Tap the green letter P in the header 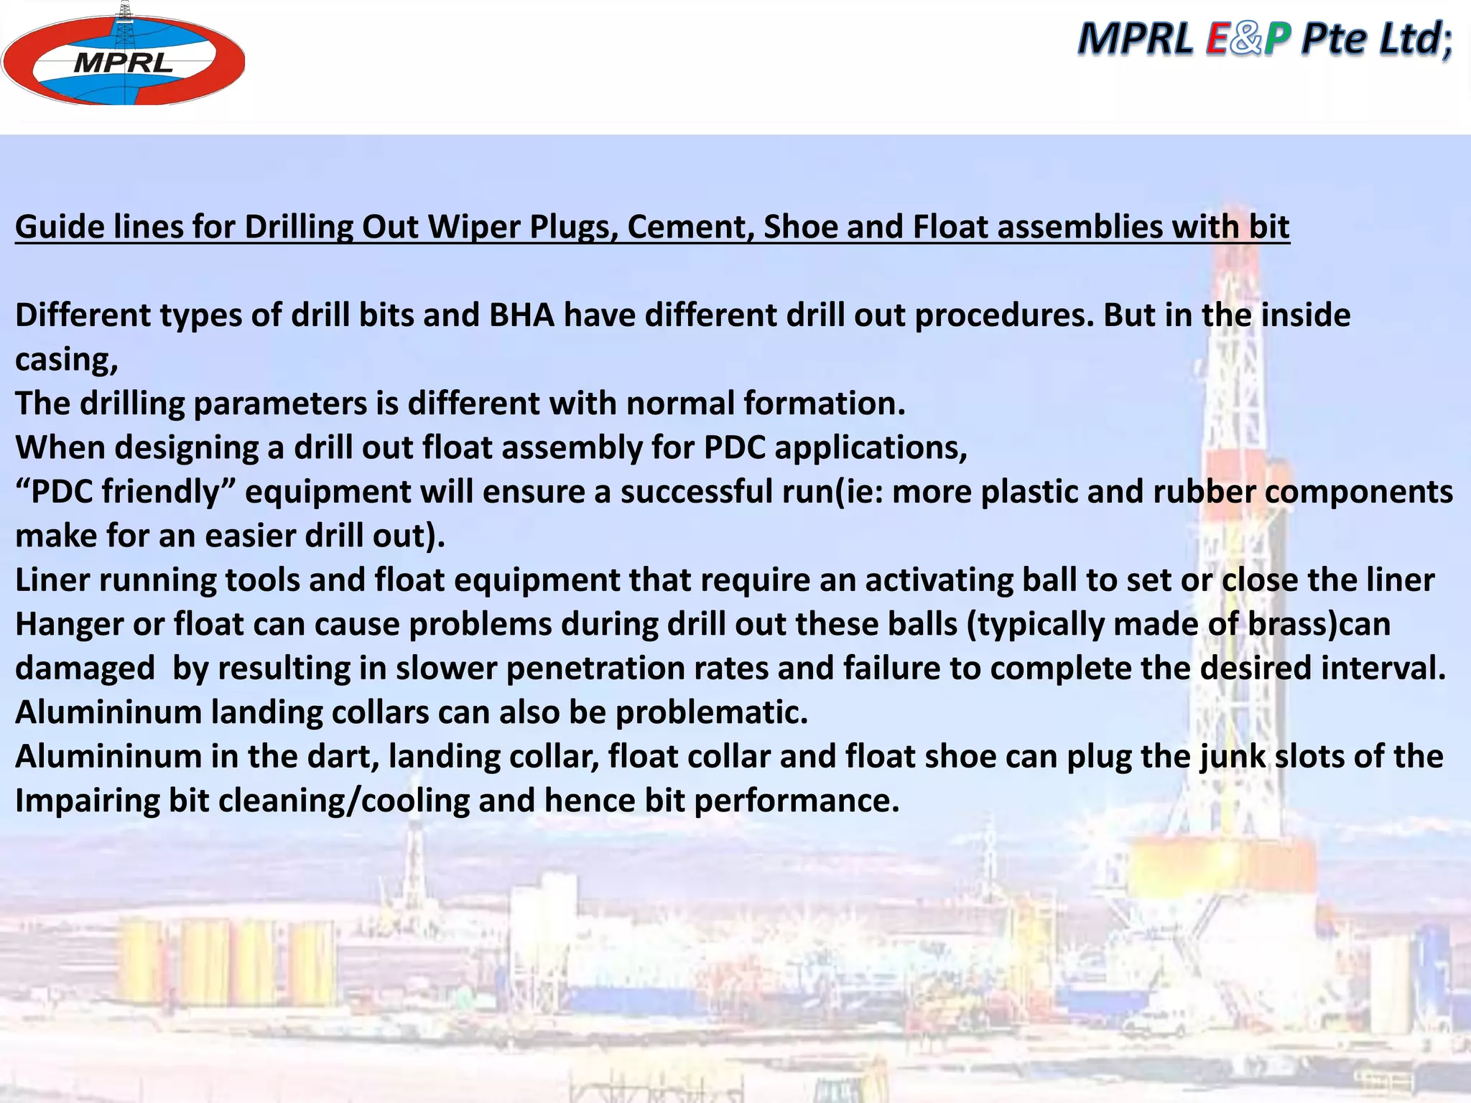pos(1277,39)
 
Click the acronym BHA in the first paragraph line pos(522,315)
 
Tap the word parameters pos(280,404)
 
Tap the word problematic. pos(711,712)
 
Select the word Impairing pos(87,801)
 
